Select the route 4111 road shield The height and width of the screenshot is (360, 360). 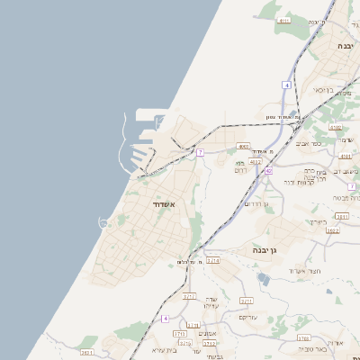coord(284,20)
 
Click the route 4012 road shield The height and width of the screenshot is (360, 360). coord(256,162)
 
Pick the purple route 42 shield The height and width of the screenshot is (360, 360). coord(268,171)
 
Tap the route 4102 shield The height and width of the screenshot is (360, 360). coord(336,129)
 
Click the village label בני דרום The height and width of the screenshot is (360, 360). coord(240,166)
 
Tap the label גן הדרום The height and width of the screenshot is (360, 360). coord(256,203)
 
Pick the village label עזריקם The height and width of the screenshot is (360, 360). coord(249,317)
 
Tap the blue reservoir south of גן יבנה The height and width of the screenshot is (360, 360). coord(262,278)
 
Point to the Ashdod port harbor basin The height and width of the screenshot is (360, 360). coord(144,132)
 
